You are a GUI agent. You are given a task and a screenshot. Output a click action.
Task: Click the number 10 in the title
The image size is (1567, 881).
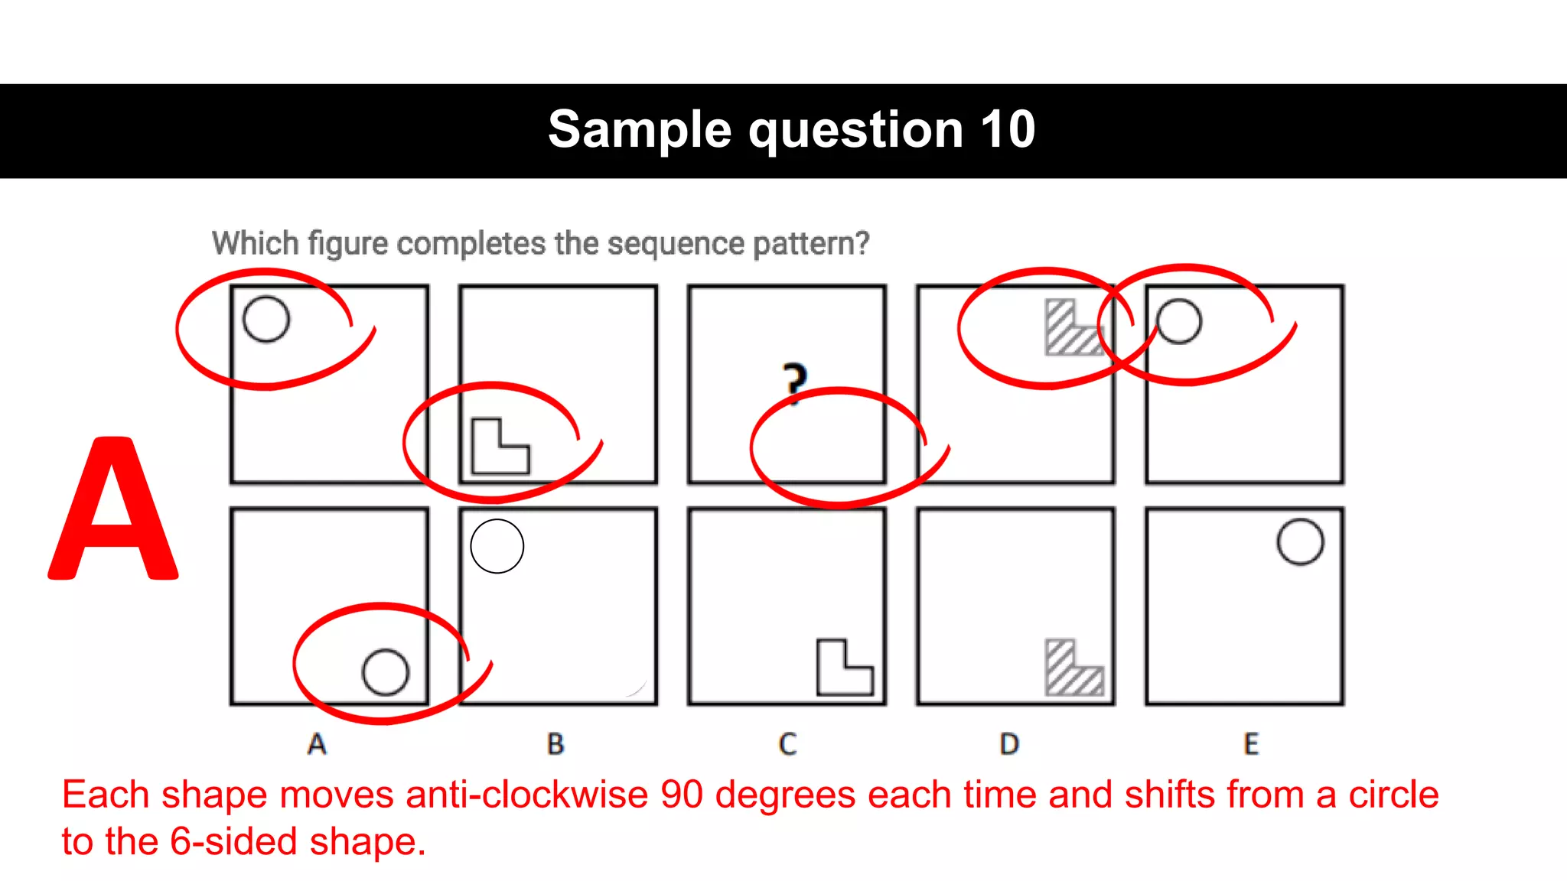[1008, 129]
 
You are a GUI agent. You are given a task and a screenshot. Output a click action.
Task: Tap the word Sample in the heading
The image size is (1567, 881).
[640, 129]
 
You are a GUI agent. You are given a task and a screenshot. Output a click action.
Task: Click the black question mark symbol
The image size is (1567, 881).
[795, 382]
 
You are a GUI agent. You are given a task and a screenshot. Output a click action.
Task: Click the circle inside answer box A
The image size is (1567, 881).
[385, 672]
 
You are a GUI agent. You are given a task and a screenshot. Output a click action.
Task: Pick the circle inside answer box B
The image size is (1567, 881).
[497, 546]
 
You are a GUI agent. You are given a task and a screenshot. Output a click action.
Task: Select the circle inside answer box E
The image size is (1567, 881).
[1300, 542]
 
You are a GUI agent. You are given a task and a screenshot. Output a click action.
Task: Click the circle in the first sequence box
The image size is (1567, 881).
[266, 319]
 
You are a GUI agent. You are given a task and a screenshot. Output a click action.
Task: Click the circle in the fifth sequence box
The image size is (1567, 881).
[1179, 321]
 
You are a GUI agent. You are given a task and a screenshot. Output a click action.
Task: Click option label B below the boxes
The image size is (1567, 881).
[556, 744]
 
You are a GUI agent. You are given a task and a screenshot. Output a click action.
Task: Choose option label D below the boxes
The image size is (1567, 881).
[1009, 744]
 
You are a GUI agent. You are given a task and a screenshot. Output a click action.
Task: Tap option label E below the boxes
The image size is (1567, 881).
[1251, 744]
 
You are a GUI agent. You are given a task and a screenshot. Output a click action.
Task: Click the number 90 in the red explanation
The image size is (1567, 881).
[682, 795]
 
